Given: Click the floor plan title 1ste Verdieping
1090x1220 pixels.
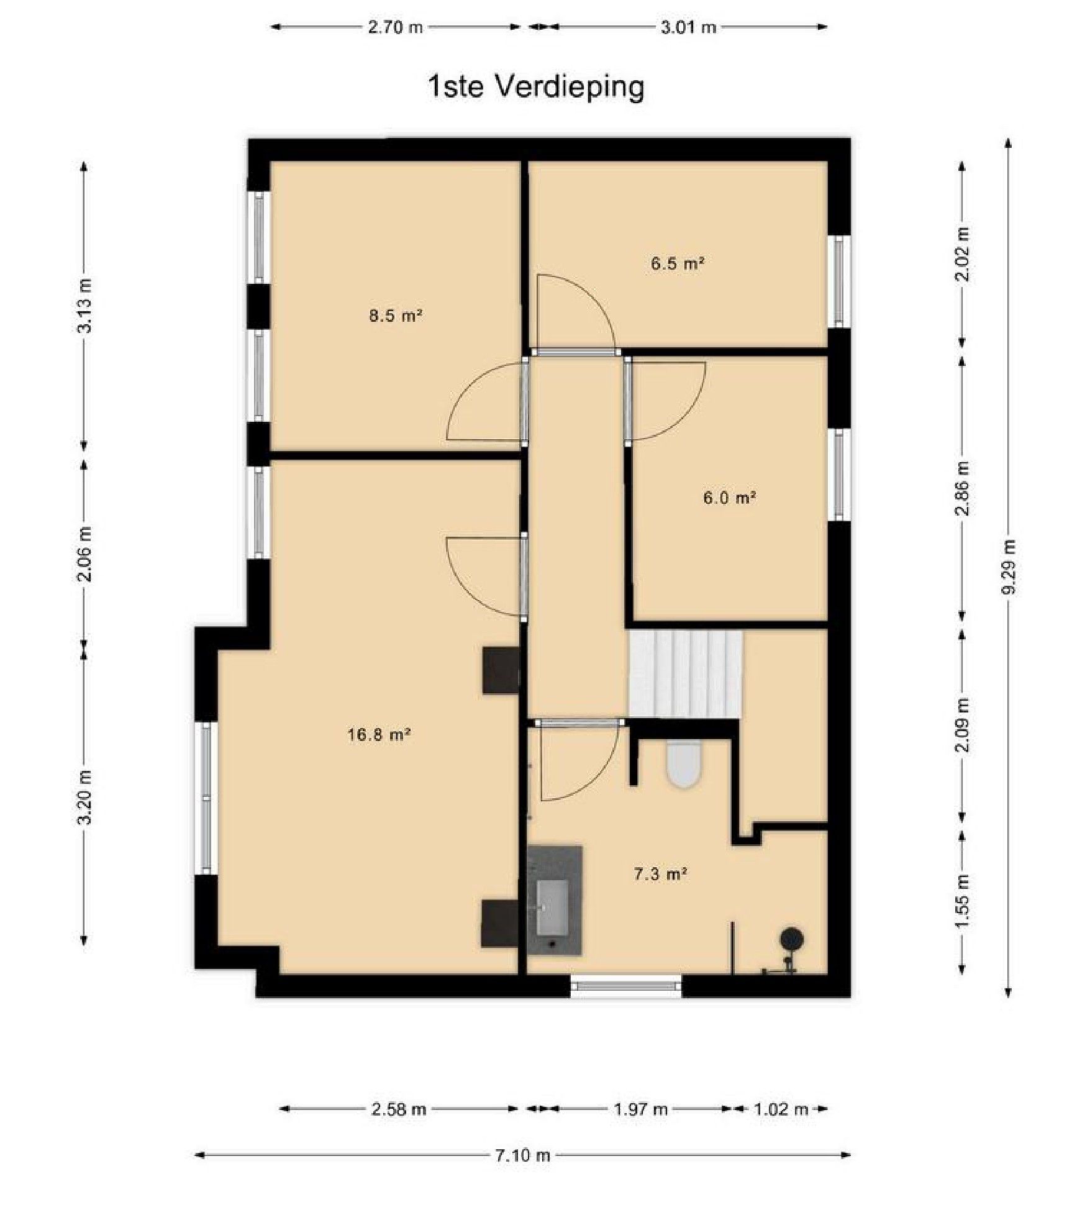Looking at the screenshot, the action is (536, 87).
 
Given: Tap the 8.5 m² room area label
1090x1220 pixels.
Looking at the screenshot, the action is (396, 316).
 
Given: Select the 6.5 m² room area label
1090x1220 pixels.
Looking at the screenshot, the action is (678, 263).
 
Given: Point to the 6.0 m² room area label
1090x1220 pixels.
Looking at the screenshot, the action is (729, 498).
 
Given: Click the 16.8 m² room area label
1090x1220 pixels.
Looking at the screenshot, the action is (379, 735).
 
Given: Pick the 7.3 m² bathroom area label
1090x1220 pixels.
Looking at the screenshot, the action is (660, 875).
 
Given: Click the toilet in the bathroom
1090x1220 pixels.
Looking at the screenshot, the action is (684, 763).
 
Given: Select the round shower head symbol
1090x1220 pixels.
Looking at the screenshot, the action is (792, 937).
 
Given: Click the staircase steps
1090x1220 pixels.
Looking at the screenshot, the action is (685, 675).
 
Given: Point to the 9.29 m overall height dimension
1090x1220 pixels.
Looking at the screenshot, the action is (1009, 567).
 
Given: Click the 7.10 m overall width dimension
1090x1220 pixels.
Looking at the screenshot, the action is (523, 1155).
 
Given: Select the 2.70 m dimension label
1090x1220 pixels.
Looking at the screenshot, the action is (396, 27).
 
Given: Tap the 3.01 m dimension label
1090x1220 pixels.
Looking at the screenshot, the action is (688, 27).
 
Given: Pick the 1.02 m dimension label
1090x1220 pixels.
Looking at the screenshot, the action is (781, 1109).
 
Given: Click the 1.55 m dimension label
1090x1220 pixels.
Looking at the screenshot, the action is (962, 901).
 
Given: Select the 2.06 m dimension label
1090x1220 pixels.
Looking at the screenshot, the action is (84, 553).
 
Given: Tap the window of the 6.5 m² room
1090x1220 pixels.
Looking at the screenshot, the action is (840, 281).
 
